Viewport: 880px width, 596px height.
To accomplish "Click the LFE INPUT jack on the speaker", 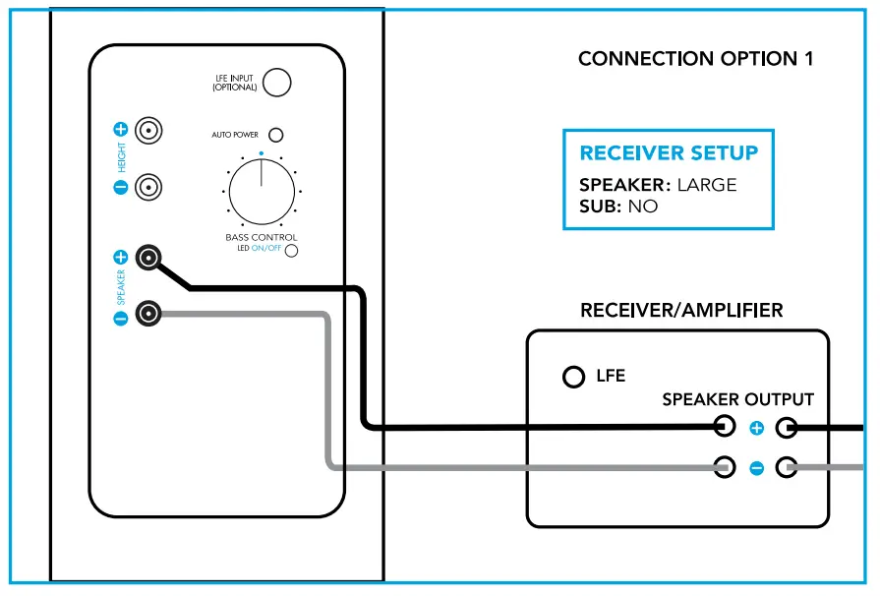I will coord(277,83).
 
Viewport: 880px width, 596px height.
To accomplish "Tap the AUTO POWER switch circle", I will coord(276,134).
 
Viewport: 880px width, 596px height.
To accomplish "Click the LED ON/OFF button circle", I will coord(291,250).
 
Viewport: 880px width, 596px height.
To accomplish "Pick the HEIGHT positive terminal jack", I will coord(148,130).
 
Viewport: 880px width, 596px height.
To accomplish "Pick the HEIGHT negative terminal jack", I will coord(148,186).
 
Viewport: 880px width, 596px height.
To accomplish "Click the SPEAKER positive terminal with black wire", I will coord(148,258).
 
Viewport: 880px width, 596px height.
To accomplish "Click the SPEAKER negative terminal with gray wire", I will coord(148,315).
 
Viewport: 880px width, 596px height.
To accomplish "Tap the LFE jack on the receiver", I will coord(573,377).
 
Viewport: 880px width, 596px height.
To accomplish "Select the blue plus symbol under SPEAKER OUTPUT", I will coord(756,428).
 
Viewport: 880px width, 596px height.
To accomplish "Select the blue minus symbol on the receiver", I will coord(756,468).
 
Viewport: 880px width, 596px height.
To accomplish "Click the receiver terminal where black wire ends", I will coord(725,427).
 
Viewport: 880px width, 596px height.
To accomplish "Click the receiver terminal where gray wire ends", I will coord(725,467).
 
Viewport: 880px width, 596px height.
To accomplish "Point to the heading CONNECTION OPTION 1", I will coord(695,59).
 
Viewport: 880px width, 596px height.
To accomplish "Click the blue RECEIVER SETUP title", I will coord(669,153).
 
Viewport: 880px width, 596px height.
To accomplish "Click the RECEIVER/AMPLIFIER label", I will coord(681,311).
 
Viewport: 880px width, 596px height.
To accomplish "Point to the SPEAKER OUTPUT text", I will coord(737,399).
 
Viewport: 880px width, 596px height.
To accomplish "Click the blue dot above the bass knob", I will coord(261,153).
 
